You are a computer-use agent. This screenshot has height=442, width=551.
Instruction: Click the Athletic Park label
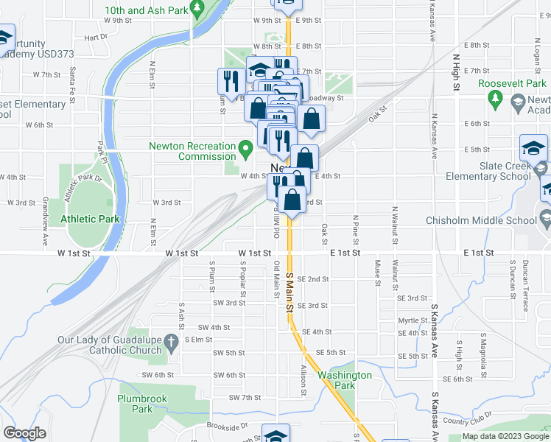coord(89,219)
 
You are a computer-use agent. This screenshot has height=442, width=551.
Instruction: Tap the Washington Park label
coord(345,380)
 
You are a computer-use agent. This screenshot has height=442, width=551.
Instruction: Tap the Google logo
coord(24,433)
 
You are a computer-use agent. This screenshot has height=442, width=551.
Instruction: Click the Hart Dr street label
coord(96,37)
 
